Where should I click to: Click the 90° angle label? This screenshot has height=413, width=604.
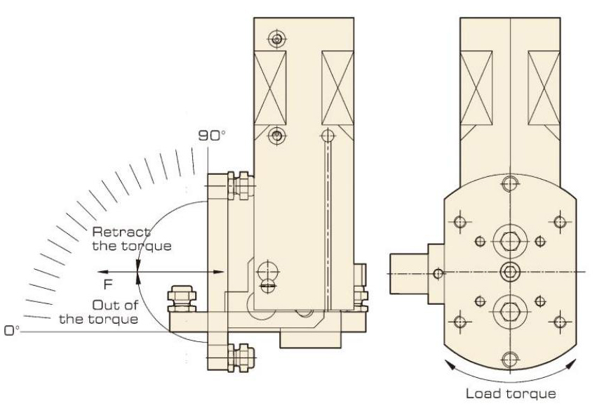(x=210, y=136)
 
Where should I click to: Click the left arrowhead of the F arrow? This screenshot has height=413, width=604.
(x=101, y=271)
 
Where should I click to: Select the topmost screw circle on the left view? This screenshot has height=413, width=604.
(x=278, y=38)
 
